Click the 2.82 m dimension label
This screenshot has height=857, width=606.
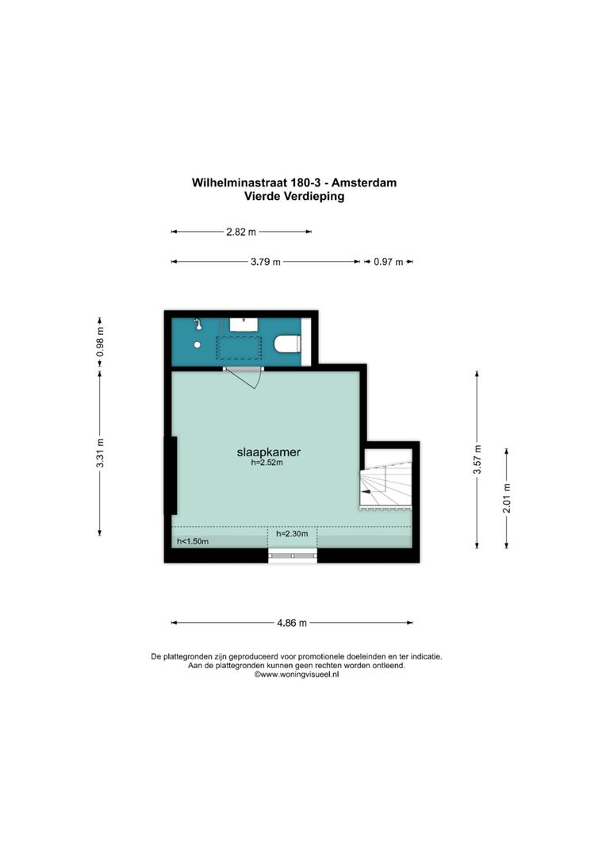[241, 232]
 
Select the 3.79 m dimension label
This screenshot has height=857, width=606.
[265, 262]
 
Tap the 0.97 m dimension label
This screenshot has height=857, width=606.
[388, 262]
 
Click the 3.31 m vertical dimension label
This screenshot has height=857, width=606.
[100, 453]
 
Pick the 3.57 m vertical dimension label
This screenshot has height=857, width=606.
[477, 459]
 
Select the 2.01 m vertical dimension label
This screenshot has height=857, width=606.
[507, 498]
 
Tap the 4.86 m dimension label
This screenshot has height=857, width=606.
[291, 623]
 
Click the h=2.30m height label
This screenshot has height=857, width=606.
[292, 534]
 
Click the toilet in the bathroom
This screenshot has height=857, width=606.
[286, 344]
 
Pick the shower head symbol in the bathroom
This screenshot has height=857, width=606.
[197, 324]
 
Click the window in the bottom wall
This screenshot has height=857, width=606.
[292, 555]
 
